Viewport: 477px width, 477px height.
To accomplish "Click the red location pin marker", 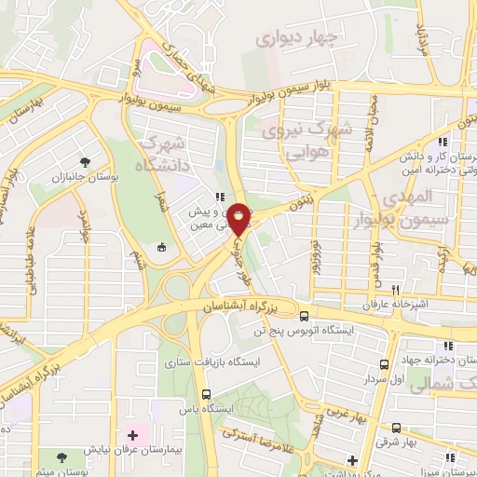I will point(239,220).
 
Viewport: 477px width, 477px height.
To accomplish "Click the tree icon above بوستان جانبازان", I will point(87,160).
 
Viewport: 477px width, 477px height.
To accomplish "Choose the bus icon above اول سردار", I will point(385,364).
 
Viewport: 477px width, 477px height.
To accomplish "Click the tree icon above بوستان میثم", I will point(61,458).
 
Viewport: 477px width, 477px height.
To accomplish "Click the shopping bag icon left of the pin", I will point(162,247).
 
